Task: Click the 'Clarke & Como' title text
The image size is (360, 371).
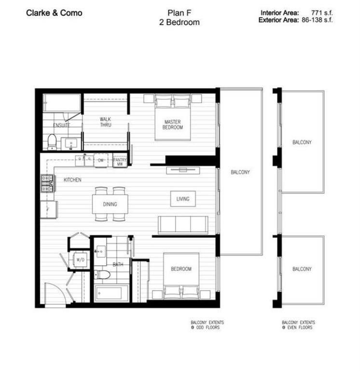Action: pyautogui.click(x=54, y=13)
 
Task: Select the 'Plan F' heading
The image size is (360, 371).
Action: pyautogui.click(x=180, y=13)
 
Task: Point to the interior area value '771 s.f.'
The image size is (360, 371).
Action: pyautogui.click(x=322, y=13)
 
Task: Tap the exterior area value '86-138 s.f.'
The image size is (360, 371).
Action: pyautogui.click(x=317, y=20)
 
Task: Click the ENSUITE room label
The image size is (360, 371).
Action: pyautogui.click(x=61, y=125)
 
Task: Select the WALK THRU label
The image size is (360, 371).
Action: pyautogui.click(x=105, y=122)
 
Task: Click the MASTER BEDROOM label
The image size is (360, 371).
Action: pyautogui.click(x=173, y=125)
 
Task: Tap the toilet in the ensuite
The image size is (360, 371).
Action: pyautogui.click(x=52, y=142)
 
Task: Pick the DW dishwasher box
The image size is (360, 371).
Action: pyautogui.click(x=101, y=160)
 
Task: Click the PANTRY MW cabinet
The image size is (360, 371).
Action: pyautogui.click(x=120, y=160)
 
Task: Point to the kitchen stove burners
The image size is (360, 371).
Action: pyautogui.click(x=47, y=184)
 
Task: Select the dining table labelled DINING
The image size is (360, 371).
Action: pyautogui.click(x=110, y=204)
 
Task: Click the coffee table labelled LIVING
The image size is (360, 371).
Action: pyautogui.click(x=183, y=199)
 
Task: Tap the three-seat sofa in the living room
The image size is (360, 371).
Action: pyautogui.click(x=183, y=225)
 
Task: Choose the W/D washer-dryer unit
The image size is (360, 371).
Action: pyautogui.click(x=81, y=260)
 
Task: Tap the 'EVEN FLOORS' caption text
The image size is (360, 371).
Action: pyautogui.click(x=300, y=328)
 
